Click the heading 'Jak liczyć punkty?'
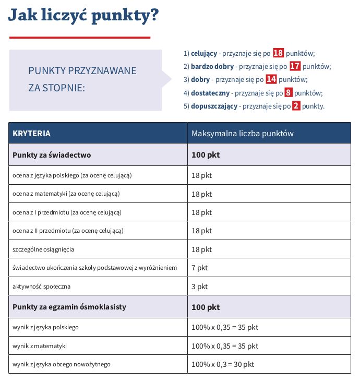83,16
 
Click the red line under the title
79,38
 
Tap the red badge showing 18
278,53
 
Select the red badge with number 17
295,66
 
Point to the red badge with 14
271,79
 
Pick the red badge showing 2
296,106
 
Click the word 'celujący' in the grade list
204,53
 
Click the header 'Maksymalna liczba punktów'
243,134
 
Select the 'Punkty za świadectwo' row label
52,155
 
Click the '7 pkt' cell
199,268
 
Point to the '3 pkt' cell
199,286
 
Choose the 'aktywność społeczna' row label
41,286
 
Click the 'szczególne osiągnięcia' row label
43,249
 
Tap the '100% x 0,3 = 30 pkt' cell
223,364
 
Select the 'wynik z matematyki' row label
40,346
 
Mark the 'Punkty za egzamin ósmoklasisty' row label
69,307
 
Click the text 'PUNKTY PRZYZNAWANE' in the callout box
82,70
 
